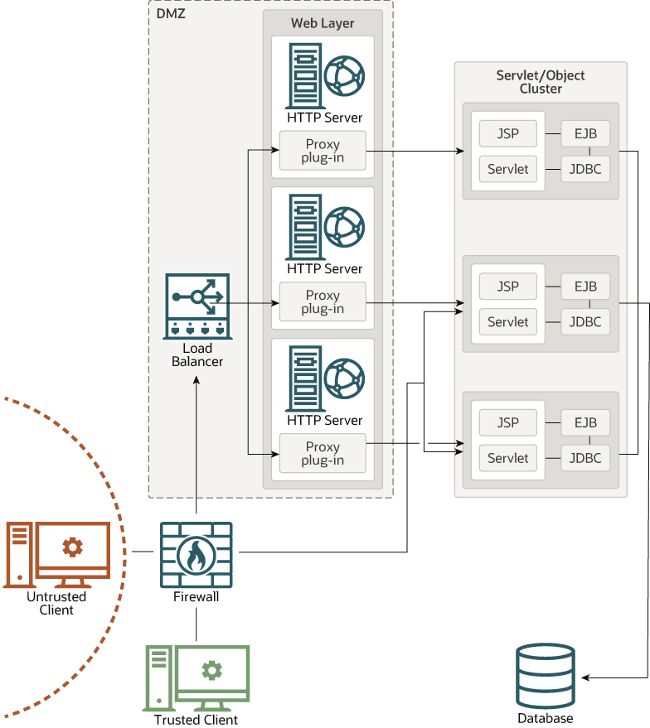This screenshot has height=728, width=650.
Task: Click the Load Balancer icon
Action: click(197, 305)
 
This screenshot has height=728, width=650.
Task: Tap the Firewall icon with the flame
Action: click(196, 552)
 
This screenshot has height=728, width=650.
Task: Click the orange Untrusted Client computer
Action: click(56, 554)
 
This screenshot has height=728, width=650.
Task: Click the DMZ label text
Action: click(170, 13)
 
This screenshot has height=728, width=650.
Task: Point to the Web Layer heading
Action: click(323, 23)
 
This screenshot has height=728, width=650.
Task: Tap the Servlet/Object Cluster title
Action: click(541, 82)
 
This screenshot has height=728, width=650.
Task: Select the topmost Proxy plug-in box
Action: click(323, 151)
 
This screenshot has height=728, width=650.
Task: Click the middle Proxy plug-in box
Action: click(323, 302)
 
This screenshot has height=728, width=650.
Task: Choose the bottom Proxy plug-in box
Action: click(323, 453)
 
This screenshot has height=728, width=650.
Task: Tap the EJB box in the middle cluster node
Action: click(585, 287)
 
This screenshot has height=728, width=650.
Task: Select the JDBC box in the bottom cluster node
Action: click(585, 458)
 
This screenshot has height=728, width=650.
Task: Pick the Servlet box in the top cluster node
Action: click(508, 169)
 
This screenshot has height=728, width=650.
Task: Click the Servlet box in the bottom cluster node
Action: click(508, 458)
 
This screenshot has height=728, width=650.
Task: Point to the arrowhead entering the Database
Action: click(585, 678)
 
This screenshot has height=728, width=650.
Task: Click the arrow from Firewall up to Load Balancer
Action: click(196, 447)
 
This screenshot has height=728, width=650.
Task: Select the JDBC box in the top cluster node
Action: click(585, 169)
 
